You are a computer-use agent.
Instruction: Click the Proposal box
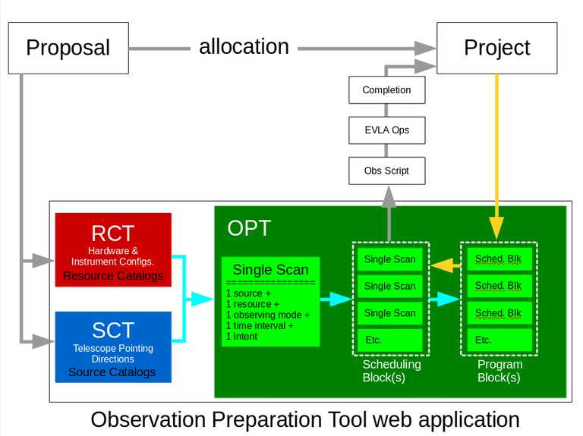68,48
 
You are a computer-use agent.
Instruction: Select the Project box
496,48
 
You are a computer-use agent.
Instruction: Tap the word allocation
244,46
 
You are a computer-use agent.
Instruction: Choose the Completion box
386,90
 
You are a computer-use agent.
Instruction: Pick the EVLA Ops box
386,130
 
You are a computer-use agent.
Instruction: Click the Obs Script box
386,171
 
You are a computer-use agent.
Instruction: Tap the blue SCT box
113,347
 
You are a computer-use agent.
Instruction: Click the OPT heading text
248,228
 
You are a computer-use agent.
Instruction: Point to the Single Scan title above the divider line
270,269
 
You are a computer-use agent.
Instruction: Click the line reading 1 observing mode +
267,315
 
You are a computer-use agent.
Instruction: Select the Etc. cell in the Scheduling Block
389,340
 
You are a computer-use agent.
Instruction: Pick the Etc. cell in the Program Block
498,340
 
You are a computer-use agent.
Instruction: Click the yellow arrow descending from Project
496,152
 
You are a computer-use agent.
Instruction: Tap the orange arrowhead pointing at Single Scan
437,265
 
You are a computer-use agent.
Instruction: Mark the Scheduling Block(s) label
391,371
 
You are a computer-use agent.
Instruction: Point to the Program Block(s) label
499,371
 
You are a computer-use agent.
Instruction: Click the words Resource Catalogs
113,276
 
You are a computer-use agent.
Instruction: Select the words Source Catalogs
112,372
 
